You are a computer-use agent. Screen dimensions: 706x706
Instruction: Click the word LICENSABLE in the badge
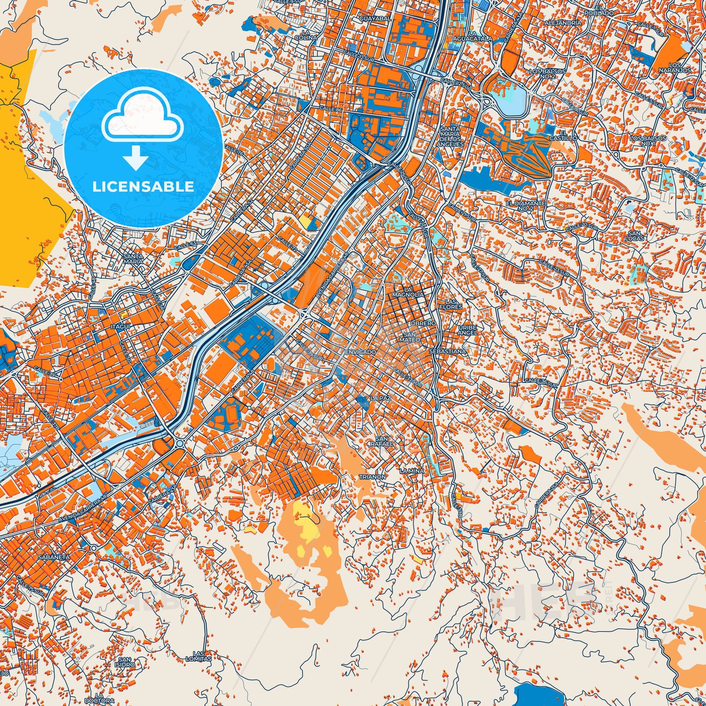click(143, 186)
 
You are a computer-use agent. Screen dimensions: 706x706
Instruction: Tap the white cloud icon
click(143, 118)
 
